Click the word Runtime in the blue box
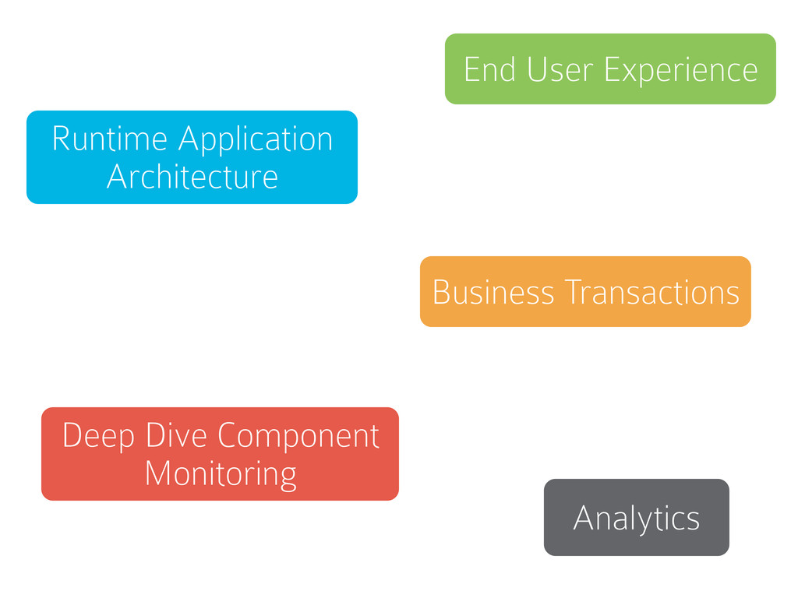(109, 139)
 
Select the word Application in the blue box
(256, 141)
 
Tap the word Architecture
(192, 177)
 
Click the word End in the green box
(489, 69)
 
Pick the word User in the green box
(560, 69)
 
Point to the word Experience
(681, 71)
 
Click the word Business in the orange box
(493, 292)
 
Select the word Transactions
(652, 292)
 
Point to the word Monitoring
(221, 475)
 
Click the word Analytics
(636, 519)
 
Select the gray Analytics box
(636, 517)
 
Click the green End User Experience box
(610, 69)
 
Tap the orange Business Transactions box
(585, 291)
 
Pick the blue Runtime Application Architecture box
(192, 157)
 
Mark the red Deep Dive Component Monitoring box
(220, 454)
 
